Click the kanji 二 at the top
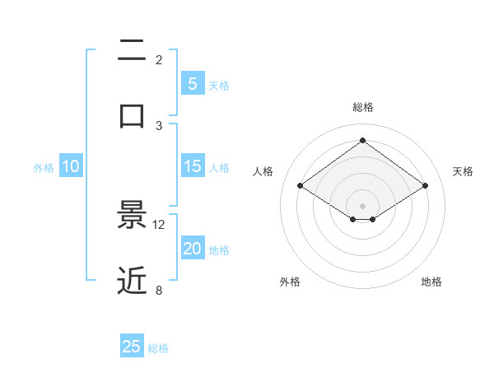pos(133,51)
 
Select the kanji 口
pos(133,114)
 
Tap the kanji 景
pos(133,215)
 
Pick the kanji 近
pos(133,280)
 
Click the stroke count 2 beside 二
pos(159,60)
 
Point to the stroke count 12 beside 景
pos(159,225)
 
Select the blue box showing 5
pos(192,84)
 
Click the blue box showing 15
pos(192,166)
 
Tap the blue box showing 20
pos(192,249)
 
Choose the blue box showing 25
pos(132,347)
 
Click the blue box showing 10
pos(71,166)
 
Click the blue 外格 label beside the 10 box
pos(44,168)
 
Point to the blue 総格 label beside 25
pos(158,348)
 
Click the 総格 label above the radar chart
pos(363,107)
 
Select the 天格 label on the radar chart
pos(463,171)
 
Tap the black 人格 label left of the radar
pos(263,171)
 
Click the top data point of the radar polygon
pos(362,140)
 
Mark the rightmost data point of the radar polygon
pos(425,186)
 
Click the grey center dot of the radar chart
pos(362,205)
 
